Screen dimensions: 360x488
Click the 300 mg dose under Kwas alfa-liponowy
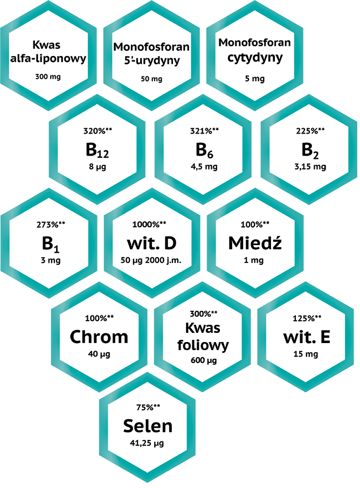coord(47,76)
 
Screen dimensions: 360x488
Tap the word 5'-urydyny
coord(152,60)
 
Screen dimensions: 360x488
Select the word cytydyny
coord(255,58)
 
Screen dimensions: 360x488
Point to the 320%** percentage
coord(98,131)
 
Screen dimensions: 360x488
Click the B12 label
coord(97,150)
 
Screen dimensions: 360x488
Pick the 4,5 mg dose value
coord(204,167)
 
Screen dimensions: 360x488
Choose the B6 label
coord(204,150)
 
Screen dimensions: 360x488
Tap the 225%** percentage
coord(310,131)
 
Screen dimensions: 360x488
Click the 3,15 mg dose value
coord(310,167)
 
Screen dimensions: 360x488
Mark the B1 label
coord(51,243)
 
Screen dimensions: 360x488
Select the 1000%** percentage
coord(149,225)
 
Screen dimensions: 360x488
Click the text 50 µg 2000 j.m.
coord(151,260)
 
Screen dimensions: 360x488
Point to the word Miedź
coord(255,243)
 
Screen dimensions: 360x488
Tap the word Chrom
coord(99,337)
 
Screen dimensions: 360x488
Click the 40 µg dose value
coord(99,354)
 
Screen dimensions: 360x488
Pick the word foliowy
coord(203,345)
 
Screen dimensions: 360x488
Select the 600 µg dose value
coord(204,361)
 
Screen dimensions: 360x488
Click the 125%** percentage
coord(307,318)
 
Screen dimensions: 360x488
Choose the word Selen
coord(148,426)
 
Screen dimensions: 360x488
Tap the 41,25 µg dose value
coord(147,443)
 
